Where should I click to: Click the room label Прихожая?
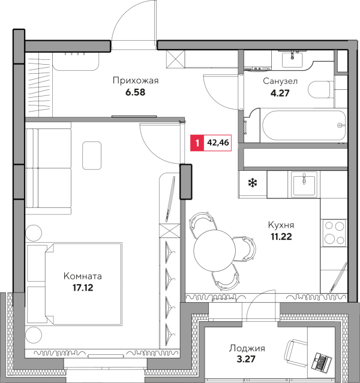tap(136, 81)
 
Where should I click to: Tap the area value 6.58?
tap(135, 92)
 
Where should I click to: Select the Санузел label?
tap(280, 81)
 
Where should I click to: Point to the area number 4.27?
tap(280, 93)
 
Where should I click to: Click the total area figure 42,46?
tap(218, 143)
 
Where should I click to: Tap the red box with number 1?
tap(197, 143)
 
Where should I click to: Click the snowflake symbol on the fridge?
tap(253, 183)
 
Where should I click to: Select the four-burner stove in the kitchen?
tap(334, 233)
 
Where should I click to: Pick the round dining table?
tap(214, 251)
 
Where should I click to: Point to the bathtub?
tap(304, 125)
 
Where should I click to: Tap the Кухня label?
tap(281, 225)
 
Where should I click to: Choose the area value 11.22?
tap(281, 237)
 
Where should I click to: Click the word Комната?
tap(83, 276)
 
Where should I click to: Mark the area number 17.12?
tap(83, 288)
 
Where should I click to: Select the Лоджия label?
tap(247, 348)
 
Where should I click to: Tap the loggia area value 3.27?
tap(246, 359)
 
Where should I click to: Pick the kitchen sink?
tap(304, 183)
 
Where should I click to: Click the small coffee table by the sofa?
tap(92, 156)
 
